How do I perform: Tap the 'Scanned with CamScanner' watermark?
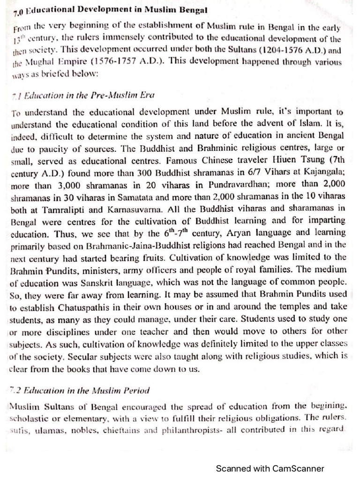coord(270,468)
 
